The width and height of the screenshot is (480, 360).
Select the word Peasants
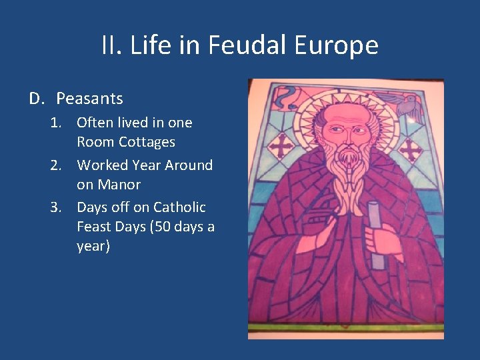[90, 99]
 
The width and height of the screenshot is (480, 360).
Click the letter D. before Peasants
[36, 99]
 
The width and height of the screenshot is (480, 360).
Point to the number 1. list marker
[58, 123]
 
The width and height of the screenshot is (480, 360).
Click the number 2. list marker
[58, 165]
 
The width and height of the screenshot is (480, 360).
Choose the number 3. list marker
[58, 207]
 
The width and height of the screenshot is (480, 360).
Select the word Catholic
[179, 207]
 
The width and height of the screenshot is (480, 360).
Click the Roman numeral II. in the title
[111, 45]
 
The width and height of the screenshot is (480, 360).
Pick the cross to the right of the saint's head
[410, 151]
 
